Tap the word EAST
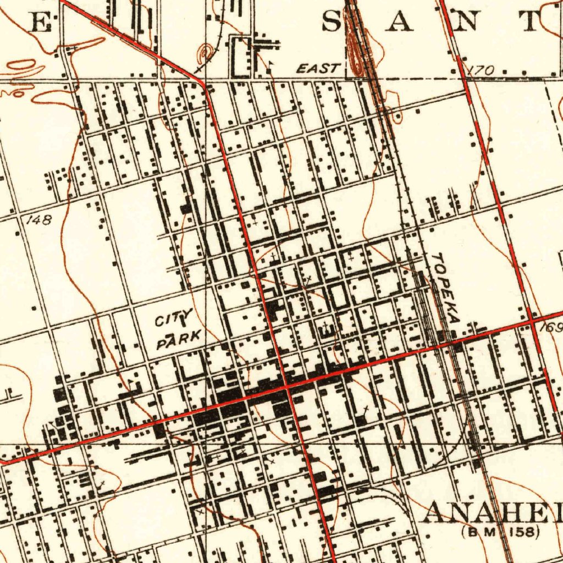pyautogui.click(x=318, y=69)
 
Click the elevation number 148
pyautogui.click(x=39, y=220)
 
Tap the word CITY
pyautogui.click(x=173, y=318)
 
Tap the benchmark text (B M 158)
pyautogui.click(x=500, y=532)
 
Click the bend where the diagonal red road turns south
pyautogui.click(x=205, y=85)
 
